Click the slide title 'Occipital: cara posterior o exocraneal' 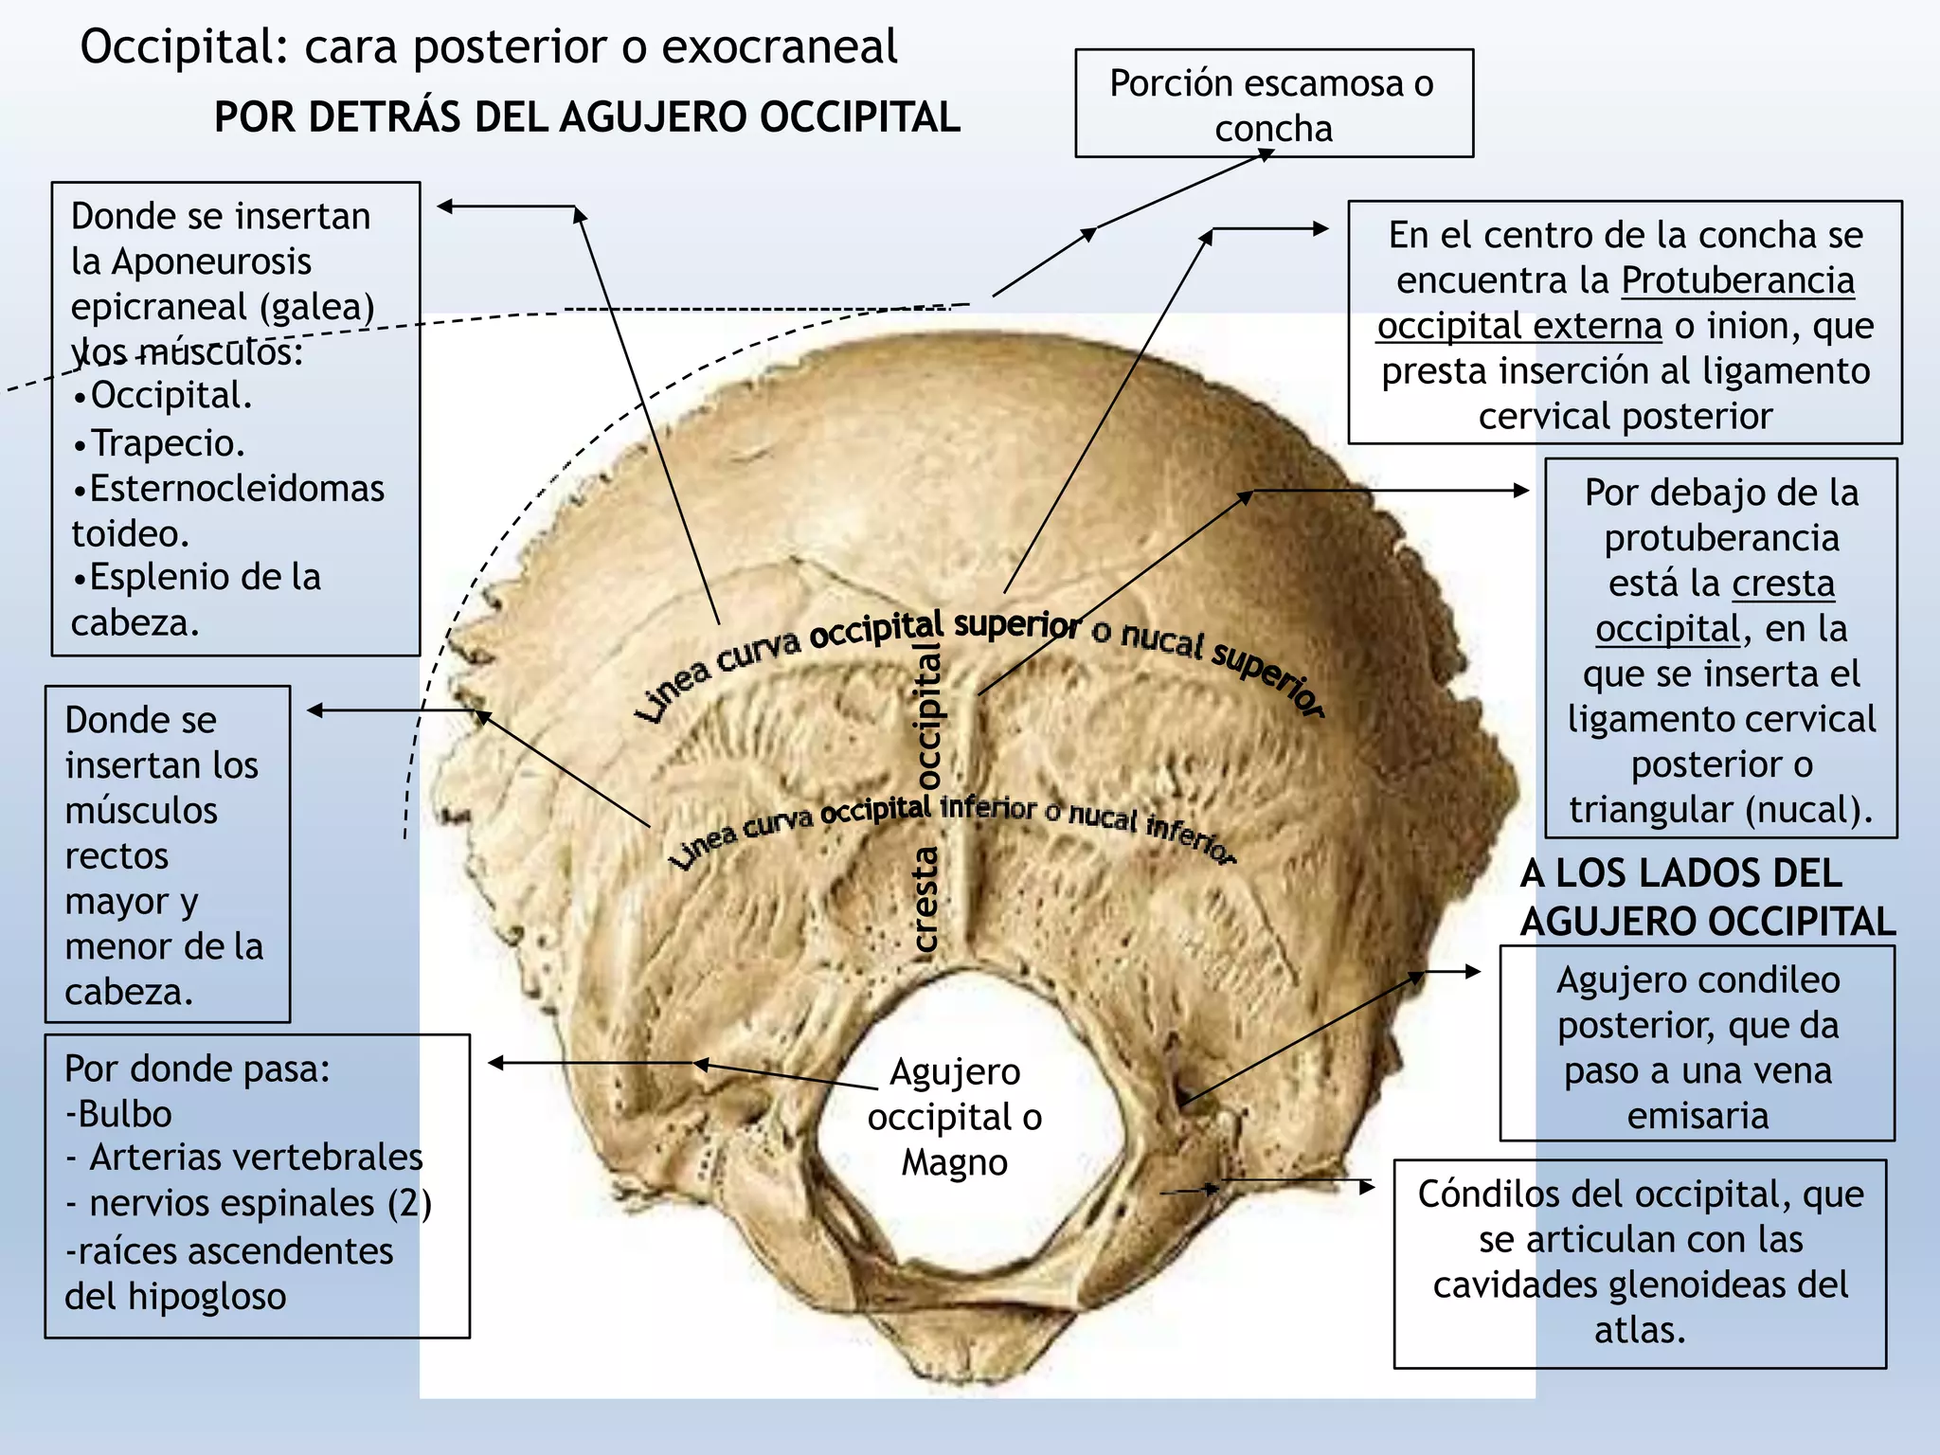(x=489, y=47)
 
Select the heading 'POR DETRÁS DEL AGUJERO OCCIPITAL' (x=587, y=117)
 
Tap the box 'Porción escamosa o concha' (x=1274, y=103)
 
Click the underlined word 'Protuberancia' (x=1737, y=280)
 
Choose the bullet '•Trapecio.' (x=159, y=443)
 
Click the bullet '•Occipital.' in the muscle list (x=163, y=396)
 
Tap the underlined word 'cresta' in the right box (x=1783, y=584)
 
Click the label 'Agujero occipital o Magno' (x=955, y=1117)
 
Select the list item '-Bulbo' (x=118, y=1114)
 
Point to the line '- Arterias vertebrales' (x=244, y=1158)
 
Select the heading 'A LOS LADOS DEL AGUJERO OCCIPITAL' (x=1708, y=897)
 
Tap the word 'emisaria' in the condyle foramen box (x=1698, y=1116)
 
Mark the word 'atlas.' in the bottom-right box (x=1640, y=1330)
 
